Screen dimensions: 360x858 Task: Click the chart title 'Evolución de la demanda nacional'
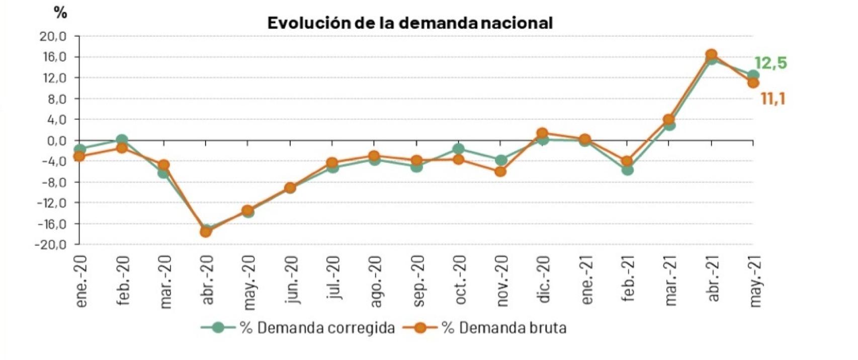pos(409,23)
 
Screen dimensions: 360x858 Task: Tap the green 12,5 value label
pos(770,64)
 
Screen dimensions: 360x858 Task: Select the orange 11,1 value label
pos(773,99)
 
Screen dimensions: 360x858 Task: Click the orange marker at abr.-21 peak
pos(711,55)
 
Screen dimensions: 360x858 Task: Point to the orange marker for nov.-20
pos(500,171)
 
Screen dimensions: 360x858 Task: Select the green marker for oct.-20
pos(458,149)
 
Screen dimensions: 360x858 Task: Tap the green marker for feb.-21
pos(627,170)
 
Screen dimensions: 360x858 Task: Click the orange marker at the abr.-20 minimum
pos(206,232)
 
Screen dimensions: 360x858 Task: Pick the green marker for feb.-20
pos(121,140)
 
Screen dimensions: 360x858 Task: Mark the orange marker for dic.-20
pos(542,134)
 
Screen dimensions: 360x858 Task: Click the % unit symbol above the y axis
pos(60,14)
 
